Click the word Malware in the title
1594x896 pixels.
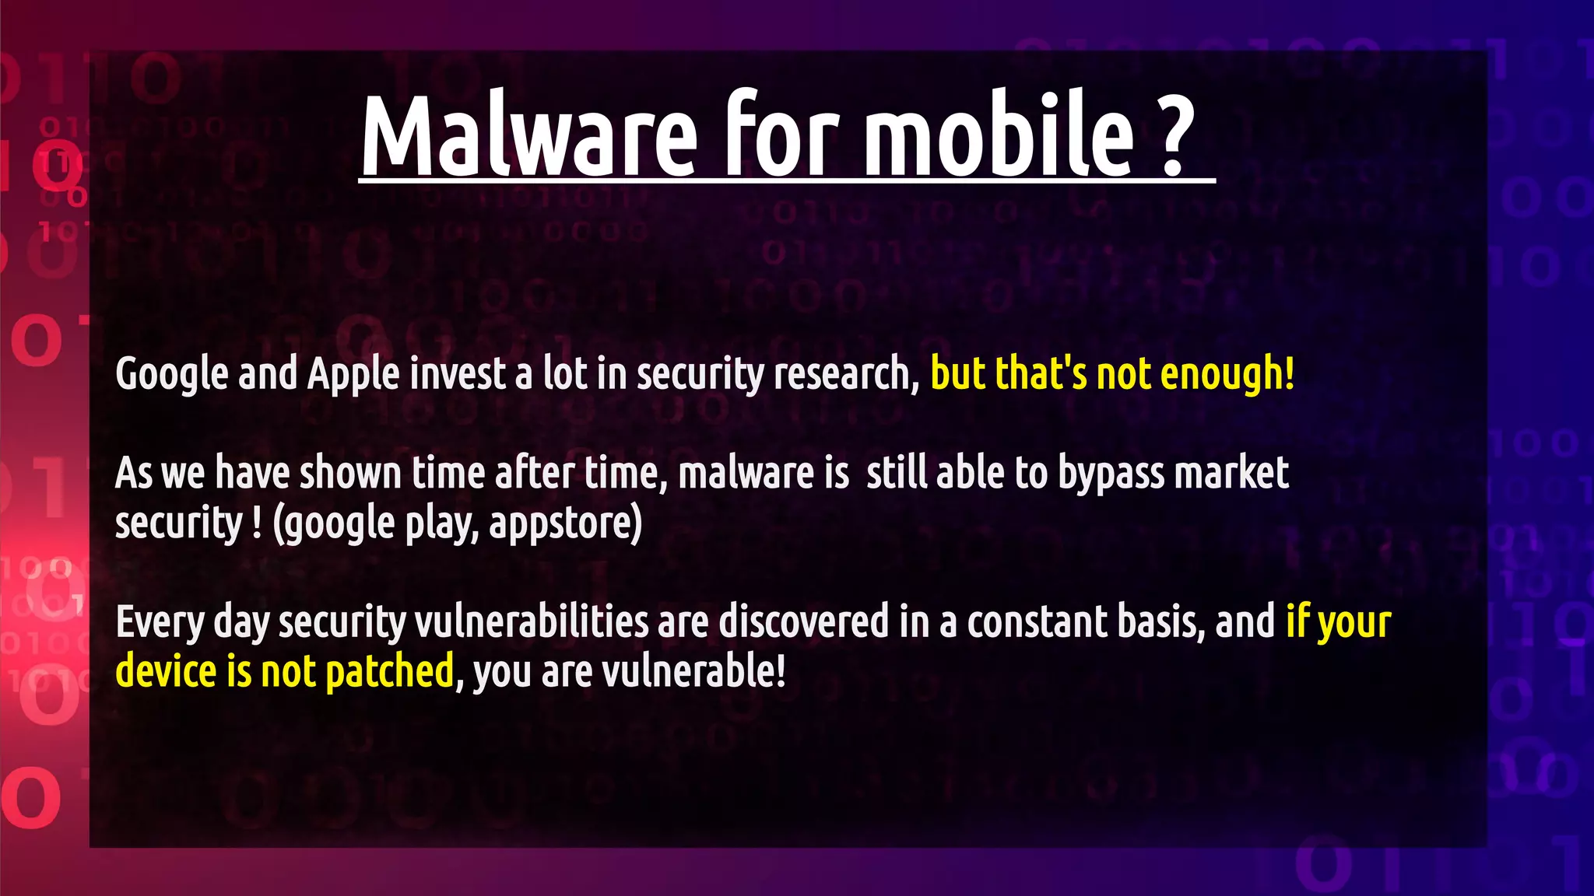pyautogui.click(x=528, y=136)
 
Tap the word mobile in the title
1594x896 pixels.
pyautogui.click(x=999, y=136)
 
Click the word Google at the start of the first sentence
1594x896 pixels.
pyautogui.click(x=172, y=375)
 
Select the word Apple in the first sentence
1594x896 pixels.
pyautogui.click(x=353, y=375)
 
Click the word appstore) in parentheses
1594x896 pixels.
pyautogui.click(x=566, y=524)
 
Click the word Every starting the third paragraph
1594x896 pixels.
pyautogui.click(x=160, y=622)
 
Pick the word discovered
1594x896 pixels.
pyautogui.click(x=803, y=622)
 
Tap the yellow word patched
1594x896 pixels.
pyautogui.click(x=389, y=672)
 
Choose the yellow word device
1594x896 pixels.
pyautogui.click(x=166, y=672)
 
